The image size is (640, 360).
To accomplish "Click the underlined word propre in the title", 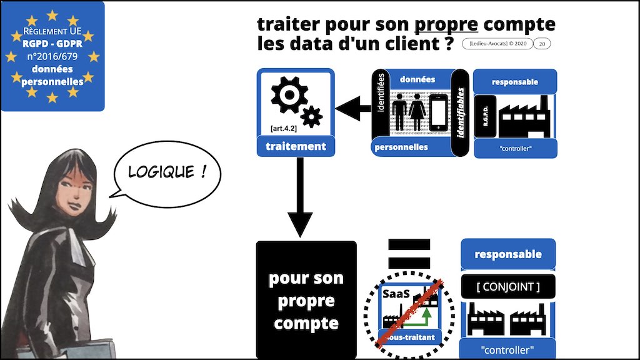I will coord(446,26).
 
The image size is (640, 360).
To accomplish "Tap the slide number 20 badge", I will coord(542,44).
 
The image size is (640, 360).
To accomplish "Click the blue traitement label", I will coord(296,147).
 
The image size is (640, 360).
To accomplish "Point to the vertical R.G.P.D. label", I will coord(486,116).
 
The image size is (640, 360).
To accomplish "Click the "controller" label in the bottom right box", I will coord(507,349).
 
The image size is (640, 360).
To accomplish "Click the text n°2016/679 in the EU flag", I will coord(52,56).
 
